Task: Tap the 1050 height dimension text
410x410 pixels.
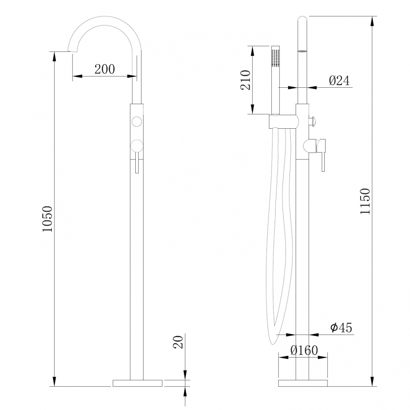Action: (48, 219)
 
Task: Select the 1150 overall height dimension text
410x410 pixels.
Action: (365, 201)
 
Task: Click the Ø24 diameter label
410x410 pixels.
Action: (339, 81)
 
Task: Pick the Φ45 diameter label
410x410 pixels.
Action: (341, 328)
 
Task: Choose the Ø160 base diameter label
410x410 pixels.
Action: (303, 351)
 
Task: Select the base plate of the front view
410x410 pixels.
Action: (137, 383)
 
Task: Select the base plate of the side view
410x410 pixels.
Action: (303, 383)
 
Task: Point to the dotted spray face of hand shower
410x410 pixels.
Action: (276, 58)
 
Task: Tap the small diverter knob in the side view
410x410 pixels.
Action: (312, 121)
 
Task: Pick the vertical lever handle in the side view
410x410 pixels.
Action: (323, 156)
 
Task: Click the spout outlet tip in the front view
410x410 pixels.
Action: (73, 50)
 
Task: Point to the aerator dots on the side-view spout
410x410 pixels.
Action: (302, 51)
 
